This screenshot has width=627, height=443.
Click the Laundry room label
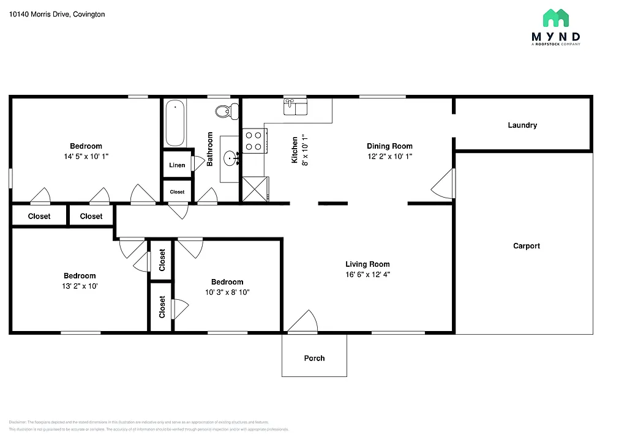coord(522,125)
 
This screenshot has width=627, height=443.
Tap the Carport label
coord(526,246)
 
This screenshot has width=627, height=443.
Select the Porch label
coord(314,358)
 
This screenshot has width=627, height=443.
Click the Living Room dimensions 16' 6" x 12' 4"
coord(367,275)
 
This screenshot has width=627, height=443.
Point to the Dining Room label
coord(389,146)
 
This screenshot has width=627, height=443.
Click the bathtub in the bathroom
coord(175,123)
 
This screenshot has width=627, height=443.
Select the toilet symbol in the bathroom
coord(226,111)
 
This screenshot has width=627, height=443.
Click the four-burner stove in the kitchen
coord(253,141)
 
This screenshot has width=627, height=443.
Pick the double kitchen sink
coord(295,108)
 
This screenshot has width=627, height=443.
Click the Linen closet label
coord(177,165)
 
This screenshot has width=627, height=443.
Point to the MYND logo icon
coord(555,19)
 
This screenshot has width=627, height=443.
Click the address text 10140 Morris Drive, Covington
coord(57,14)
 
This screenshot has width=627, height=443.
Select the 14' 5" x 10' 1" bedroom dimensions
coord(86,156)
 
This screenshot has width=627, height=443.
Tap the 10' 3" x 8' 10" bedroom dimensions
coord(227,292)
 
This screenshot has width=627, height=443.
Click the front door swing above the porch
coord(302,323)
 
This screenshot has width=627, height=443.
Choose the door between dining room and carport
coord(444,184)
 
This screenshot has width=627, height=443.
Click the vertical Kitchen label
coord(295,150)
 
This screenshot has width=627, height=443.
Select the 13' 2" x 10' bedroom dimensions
coord(80,286)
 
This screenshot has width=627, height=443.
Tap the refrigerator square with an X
coord(255,189)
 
